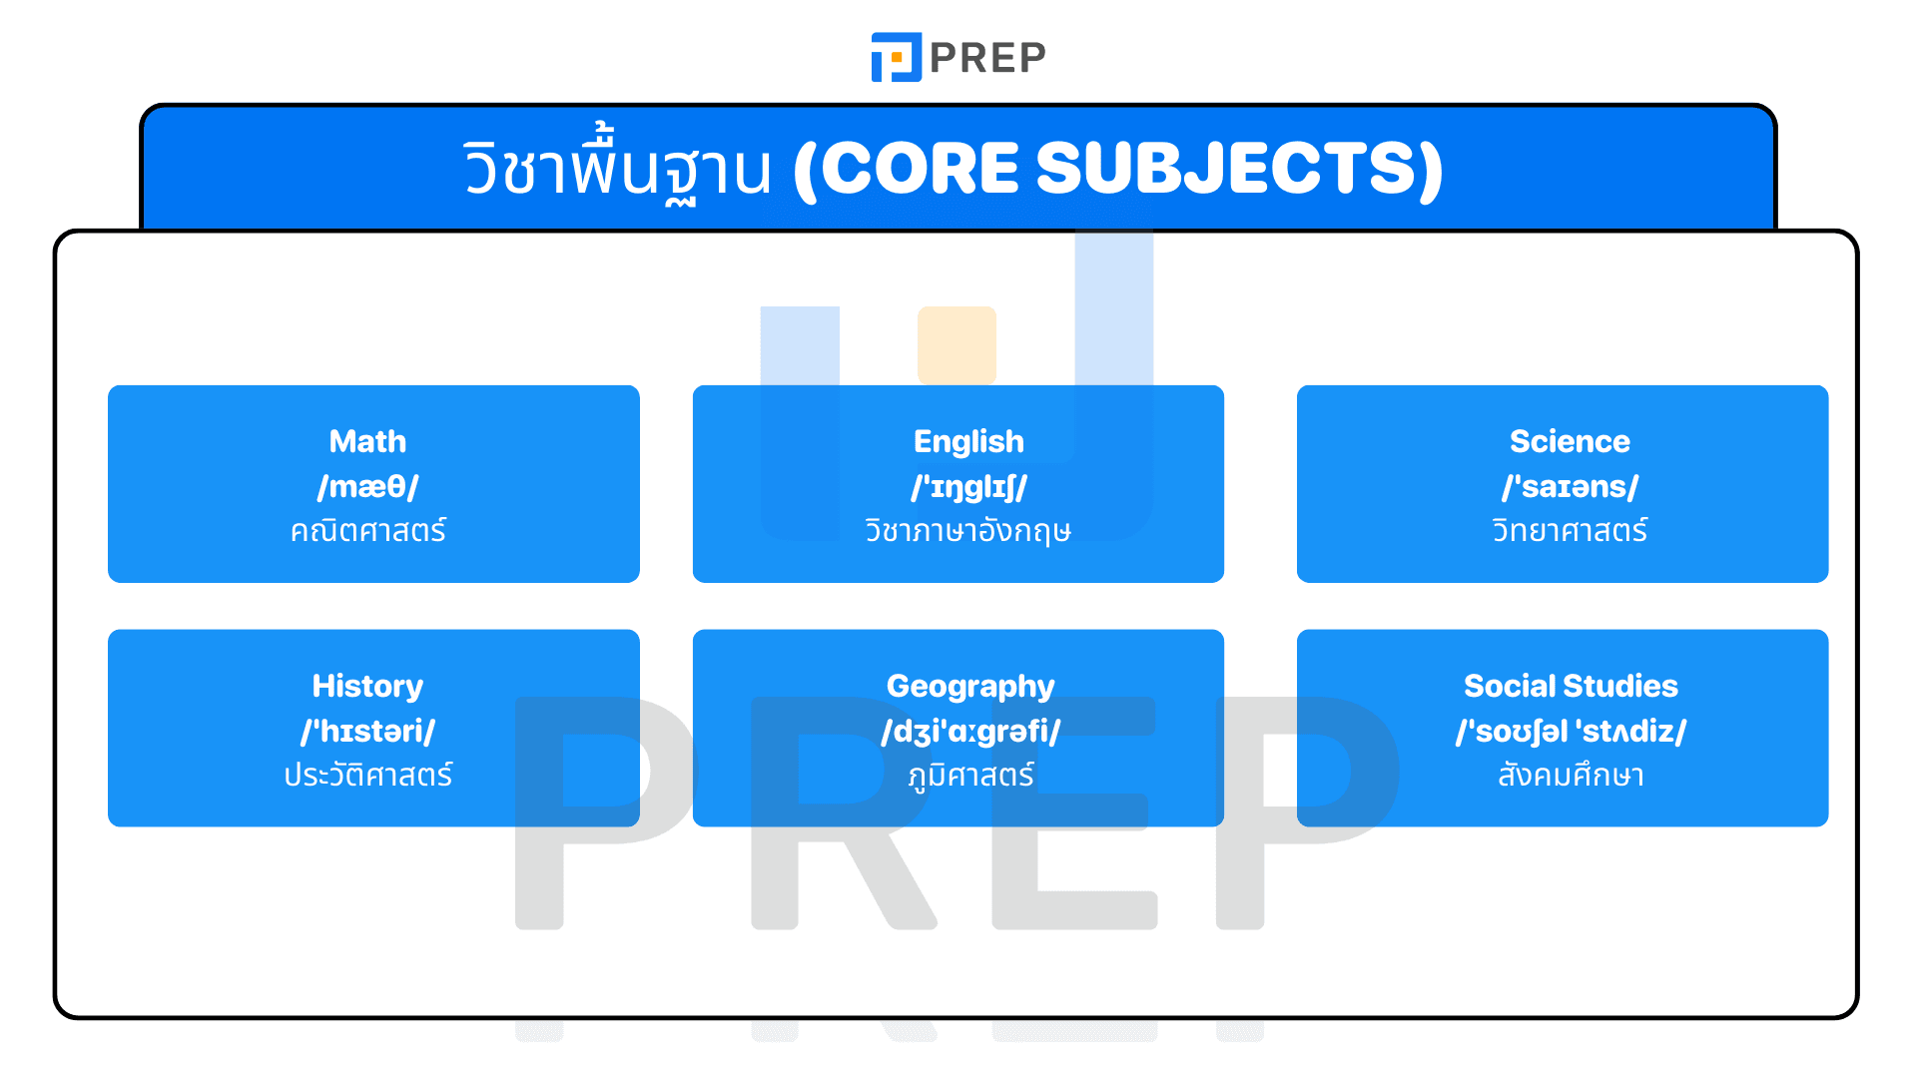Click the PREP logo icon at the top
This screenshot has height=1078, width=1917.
896,57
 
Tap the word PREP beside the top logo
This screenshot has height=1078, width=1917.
987,58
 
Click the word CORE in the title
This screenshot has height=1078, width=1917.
920,168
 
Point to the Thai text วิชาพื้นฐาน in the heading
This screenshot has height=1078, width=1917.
617,168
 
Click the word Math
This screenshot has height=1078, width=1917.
367,441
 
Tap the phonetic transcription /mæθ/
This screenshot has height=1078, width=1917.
367,486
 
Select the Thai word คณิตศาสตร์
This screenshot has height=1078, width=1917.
367,530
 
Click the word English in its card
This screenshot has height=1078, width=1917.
968,441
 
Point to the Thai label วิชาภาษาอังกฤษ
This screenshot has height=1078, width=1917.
968,530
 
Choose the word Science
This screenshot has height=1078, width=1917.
1570,441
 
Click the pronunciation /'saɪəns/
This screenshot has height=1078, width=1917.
1570,486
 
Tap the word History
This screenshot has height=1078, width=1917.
367,686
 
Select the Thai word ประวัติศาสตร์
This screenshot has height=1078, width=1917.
367,775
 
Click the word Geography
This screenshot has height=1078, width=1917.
970,686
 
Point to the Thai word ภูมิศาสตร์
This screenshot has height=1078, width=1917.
970,775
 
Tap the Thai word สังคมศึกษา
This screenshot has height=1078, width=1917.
1571,775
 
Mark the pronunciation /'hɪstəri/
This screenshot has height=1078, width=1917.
367,731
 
